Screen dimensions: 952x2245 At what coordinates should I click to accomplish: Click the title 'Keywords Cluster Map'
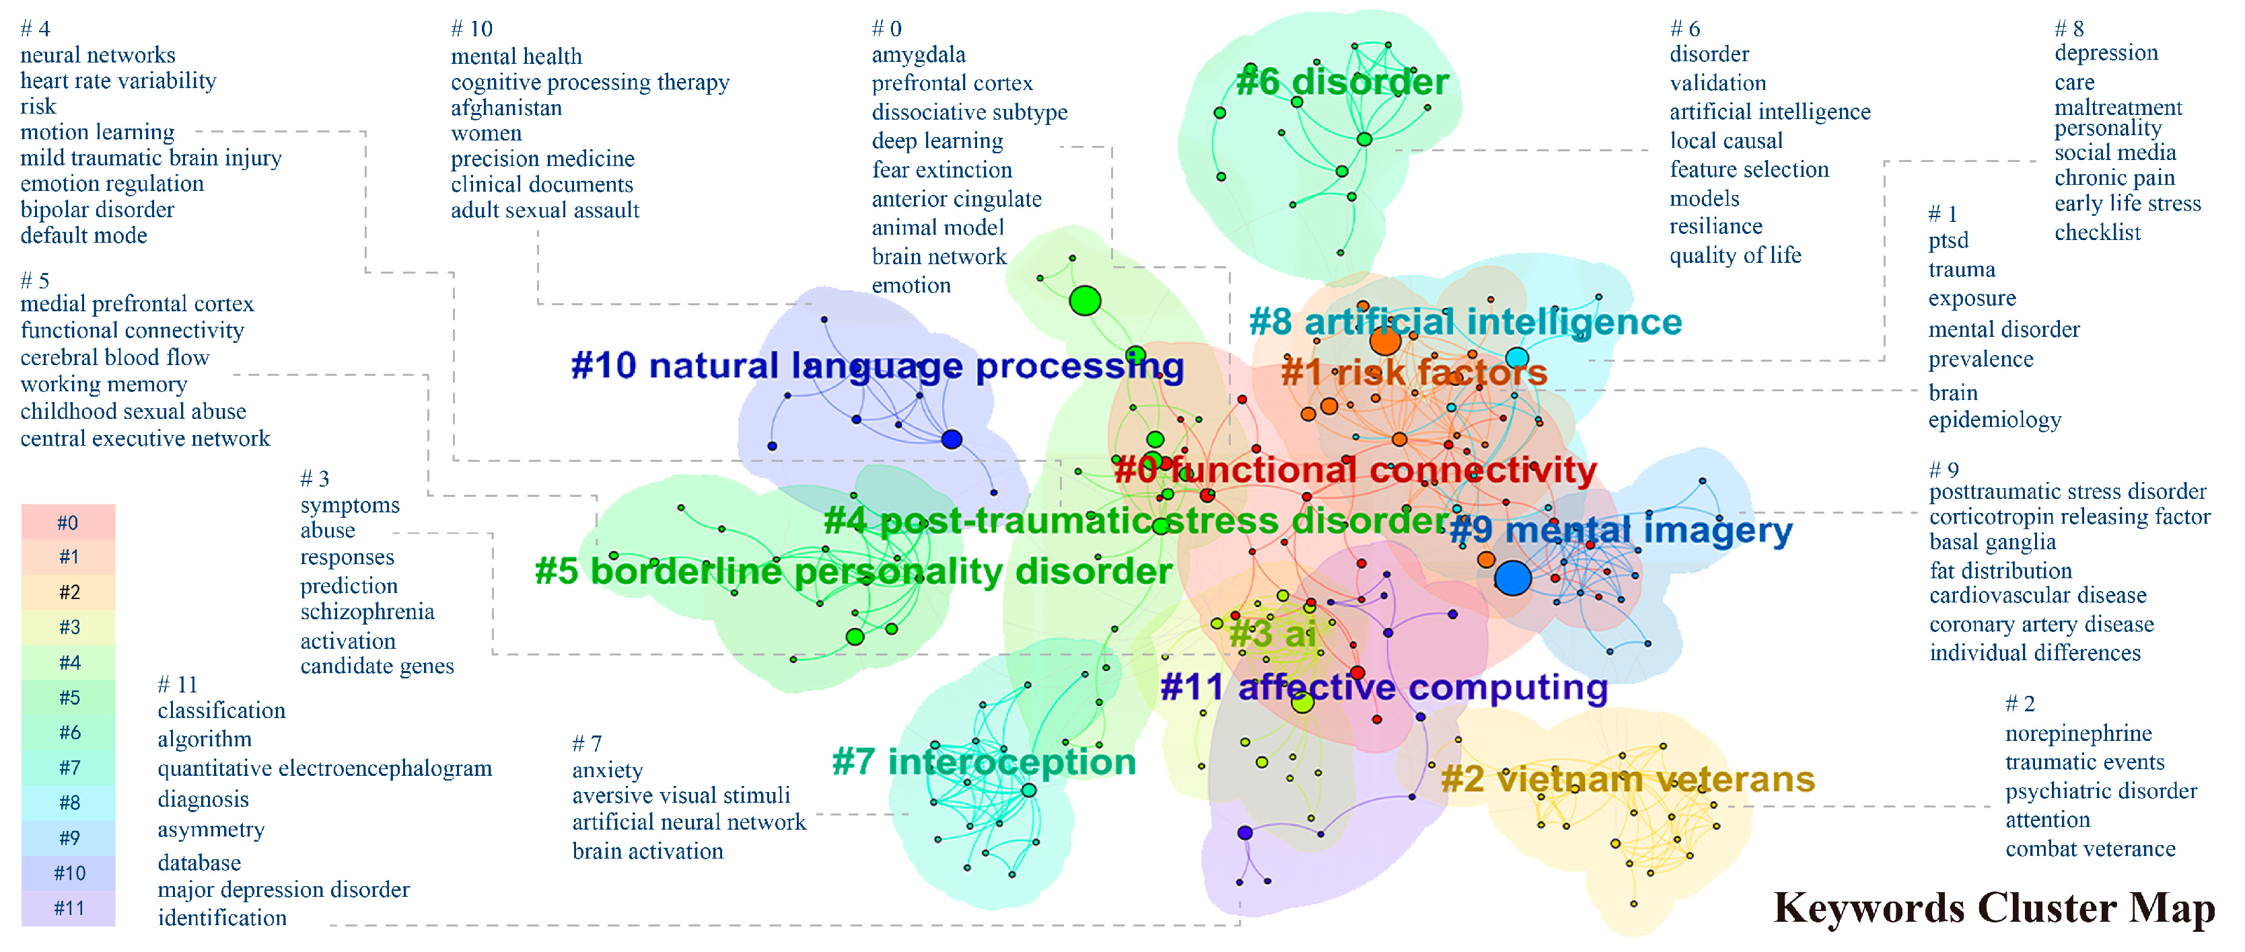pos(1994,908)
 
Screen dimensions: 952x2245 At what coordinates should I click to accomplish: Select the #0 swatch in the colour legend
pos(68,522)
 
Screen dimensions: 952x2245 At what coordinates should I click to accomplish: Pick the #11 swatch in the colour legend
pos(68,908)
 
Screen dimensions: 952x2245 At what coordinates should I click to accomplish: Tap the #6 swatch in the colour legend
pos(68,733)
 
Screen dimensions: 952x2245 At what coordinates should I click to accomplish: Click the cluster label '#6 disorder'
pos(1342,82)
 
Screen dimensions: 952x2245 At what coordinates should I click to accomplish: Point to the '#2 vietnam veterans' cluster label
pos(1627,779)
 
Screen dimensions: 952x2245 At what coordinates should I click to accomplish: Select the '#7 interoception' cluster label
pos(984,761)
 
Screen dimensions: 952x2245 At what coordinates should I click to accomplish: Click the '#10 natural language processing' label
pos(877,366)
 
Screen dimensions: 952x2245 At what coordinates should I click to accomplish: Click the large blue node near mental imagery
pos(1512,578)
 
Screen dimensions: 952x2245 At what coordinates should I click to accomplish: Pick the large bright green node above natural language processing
pos(1085,301)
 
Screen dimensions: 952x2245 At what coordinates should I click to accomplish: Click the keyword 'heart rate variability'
pos(118,81)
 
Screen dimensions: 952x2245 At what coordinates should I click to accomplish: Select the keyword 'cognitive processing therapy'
pos(590,82)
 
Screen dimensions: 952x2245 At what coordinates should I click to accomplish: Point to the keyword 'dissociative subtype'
pos(969,112)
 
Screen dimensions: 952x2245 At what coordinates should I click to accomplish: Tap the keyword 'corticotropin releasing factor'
pos(2069,516)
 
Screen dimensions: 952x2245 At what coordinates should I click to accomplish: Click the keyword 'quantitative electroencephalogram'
pos(324,768)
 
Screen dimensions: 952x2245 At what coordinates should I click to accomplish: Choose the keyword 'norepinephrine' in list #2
pos(2077,733)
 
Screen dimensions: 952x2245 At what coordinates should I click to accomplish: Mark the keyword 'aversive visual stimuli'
pos(680,795)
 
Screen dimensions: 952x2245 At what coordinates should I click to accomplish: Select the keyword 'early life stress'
pos(2127,204)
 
